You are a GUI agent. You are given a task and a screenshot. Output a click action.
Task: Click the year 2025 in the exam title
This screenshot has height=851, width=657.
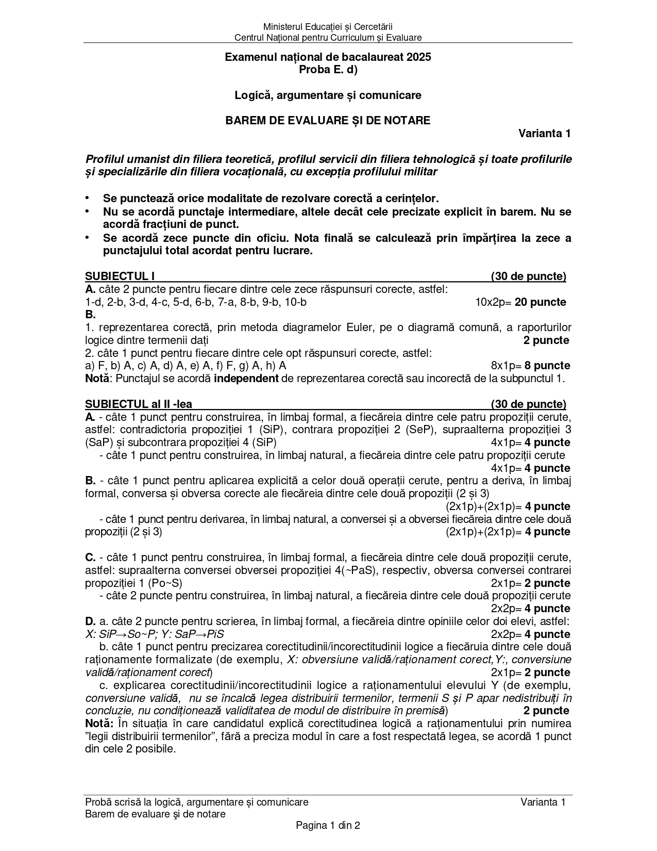click(x=418, y=57)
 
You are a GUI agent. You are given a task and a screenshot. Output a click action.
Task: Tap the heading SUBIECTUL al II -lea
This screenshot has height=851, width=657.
click(x=138, y=404)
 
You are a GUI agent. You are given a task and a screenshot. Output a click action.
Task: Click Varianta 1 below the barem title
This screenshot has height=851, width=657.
click(x=544, y=134)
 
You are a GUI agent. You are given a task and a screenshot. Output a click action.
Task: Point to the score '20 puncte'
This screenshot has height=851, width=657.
click(x=540, y=302)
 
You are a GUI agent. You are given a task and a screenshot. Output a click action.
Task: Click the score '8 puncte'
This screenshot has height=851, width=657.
click(x=547, y=366)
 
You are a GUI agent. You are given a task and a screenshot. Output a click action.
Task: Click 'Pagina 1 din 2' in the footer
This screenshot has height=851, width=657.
click(x=328, y=825)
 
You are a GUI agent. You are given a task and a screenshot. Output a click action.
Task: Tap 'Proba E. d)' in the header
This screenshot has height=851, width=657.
click(x=328, y=70)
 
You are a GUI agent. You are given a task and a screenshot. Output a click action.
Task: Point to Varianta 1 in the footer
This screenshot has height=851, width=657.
click(x=543, y=802)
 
